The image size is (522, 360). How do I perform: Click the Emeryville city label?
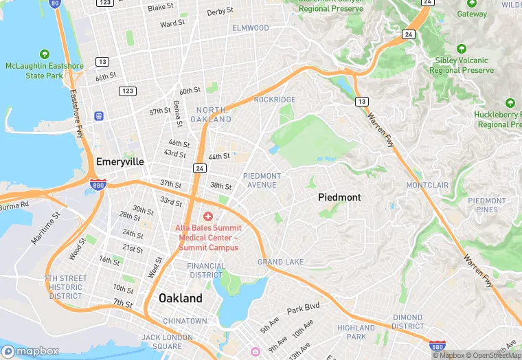pos(120,161)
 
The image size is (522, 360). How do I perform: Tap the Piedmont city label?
pos(339,197)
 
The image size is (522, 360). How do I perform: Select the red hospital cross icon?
pos(208,216)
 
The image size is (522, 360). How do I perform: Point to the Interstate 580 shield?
pos(437,346)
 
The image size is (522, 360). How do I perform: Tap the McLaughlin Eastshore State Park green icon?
pos(45,54)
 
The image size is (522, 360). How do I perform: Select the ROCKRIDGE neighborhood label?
pos(274,100)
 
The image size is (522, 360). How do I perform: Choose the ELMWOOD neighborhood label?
pos(251,28)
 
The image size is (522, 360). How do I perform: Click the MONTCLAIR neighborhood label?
pos(427,185)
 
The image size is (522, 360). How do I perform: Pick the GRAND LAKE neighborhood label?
pos(280,262)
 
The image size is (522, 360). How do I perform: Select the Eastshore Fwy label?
pos(75,111)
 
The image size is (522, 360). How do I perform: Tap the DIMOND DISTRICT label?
pos(408,322)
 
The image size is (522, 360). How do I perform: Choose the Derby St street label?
pos(220,12)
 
